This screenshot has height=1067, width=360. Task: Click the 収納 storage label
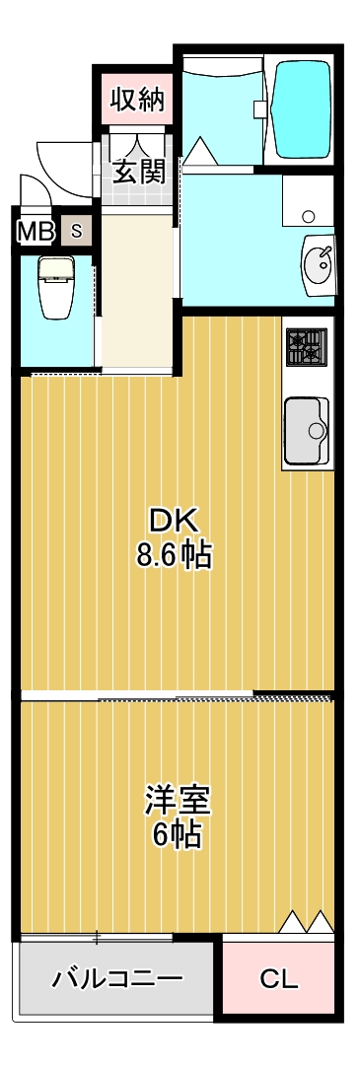pos(136,99)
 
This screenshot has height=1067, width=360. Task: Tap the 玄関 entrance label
pos(137,171)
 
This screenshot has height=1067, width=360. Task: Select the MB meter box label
pos(36,232)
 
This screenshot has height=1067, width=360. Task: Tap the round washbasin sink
pos(319,263)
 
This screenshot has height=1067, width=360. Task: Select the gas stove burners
pos(305,346)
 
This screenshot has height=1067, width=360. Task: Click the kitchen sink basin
pos(308,429)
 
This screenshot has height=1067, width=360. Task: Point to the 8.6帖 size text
pos(174,555)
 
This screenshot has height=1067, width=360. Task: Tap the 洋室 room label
pos(177,798)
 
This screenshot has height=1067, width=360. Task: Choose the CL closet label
pos(279,979)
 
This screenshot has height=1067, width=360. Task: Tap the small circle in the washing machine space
pos(308,217)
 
